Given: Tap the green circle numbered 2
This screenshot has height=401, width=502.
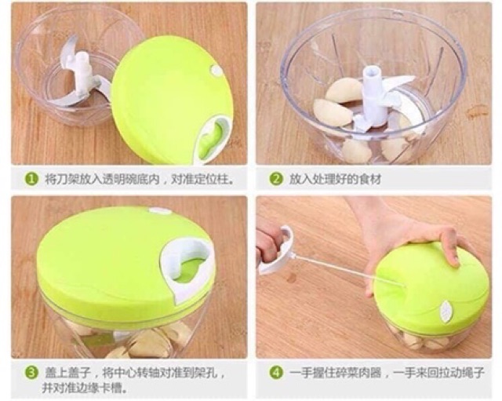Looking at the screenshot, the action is (x=276, y=179).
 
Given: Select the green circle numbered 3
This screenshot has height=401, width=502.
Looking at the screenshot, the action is (x=31, y=373).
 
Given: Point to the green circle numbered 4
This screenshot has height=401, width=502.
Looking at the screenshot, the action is (x=276, y=373).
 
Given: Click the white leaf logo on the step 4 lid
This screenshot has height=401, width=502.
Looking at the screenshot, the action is (x=446, y=310).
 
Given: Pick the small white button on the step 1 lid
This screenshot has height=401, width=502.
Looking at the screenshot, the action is (x=216, y=71).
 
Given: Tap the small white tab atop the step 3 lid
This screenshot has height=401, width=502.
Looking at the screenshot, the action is (x=158, y=210).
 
